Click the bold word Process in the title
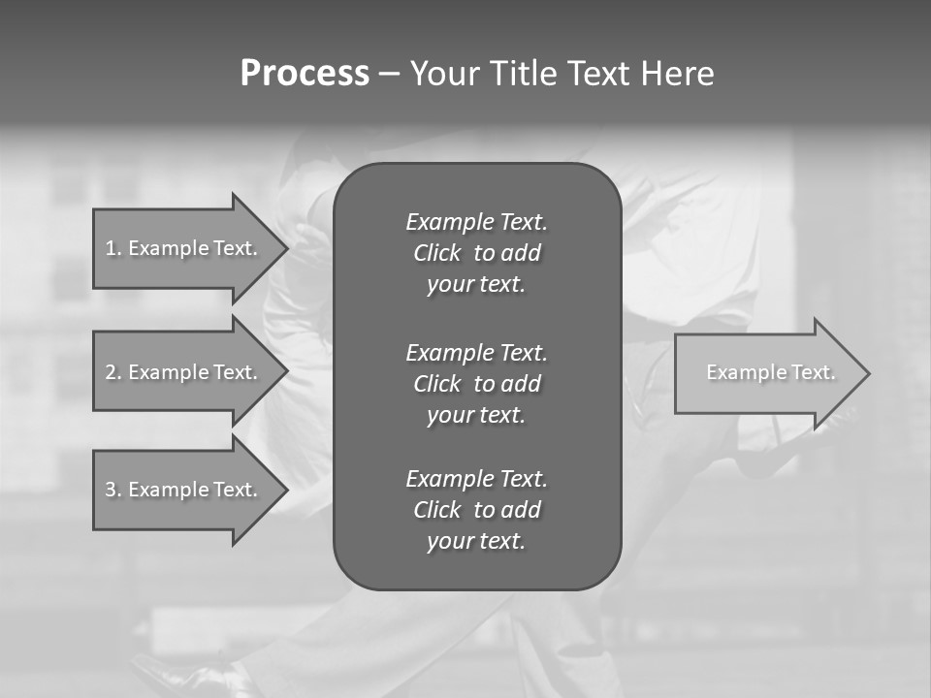pos(305,74)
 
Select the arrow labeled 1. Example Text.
pos(182,248)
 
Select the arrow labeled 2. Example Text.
pos(182,372)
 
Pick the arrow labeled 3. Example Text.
pos(182,490)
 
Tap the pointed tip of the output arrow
pos(868,373)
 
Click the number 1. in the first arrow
pos(113,248)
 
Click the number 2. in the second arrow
pos(113,372)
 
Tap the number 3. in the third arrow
pos(113,490)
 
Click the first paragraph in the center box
pos(476,253)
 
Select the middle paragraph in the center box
pos(476,383)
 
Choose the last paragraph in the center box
pos(476,510)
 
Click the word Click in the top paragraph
pos(437,253)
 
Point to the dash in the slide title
pos(389,74)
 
